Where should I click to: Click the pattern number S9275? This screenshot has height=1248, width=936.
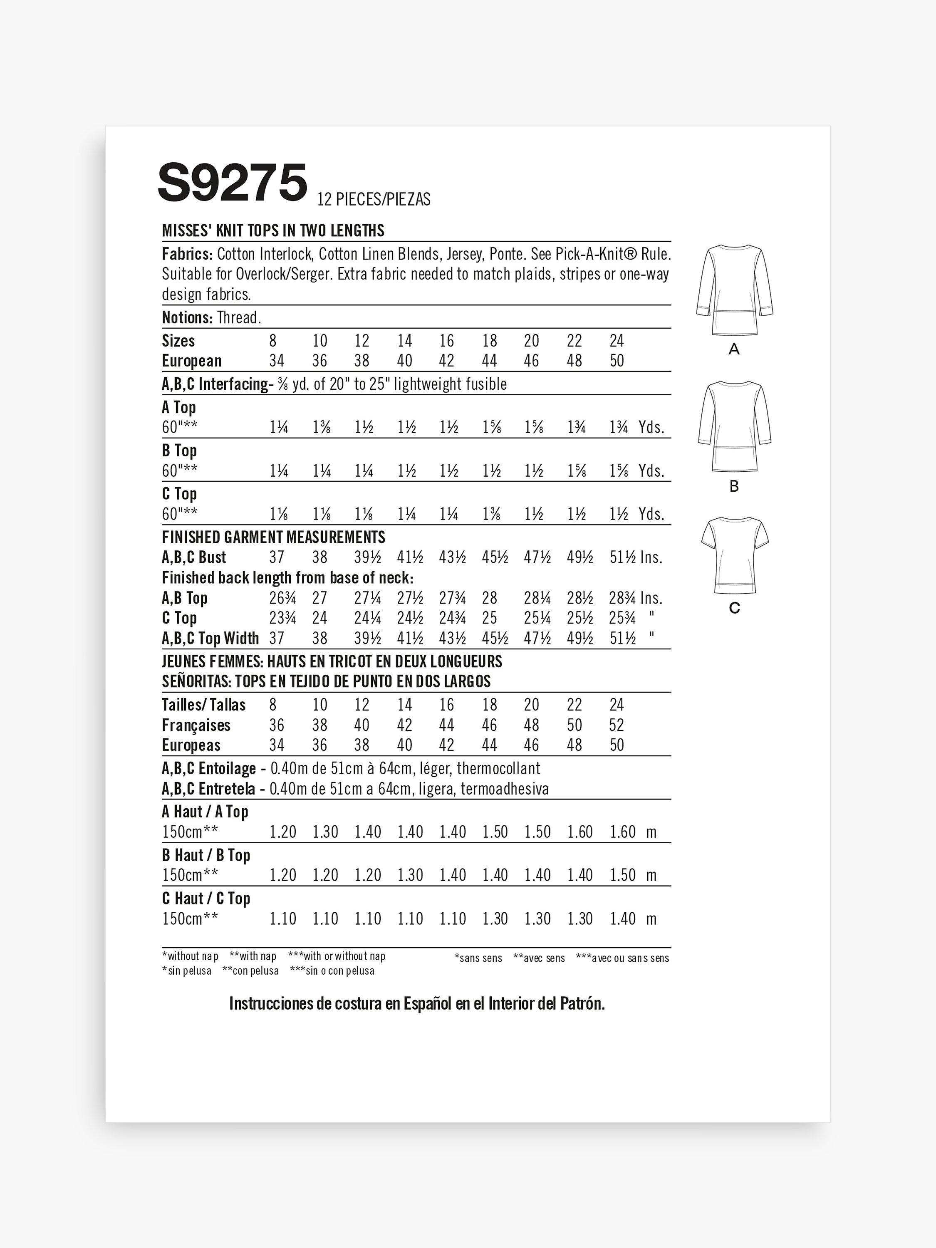pos(233,182)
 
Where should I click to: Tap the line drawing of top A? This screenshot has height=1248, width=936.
pos(734,290)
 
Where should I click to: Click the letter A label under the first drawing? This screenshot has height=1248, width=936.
pos(734,350)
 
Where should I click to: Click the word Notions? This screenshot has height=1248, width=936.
pos(187,318)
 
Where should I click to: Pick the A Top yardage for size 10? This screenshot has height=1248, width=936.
pos(322,428)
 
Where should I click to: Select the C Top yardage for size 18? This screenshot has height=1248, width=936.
pos(491,514)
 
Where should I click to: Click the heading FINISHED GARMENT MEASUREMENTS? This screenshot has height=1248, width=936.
pos(274,537)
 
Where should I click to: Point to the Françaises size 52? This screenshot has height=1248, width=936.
pos(616,725)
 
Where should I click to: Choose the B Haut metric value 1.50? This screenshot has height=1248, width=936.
pos(622,875)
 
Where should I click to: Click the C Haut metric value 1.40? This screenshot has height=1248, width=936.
pos(622,919)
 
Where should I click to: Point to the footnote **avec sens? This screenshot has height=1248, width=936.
pos(539,958)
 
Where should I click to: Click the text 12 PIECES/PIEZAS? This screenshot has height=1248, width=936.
pos(374,199)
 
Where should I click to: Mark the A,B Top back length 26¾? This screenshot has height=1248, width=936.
pos(282,598)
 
